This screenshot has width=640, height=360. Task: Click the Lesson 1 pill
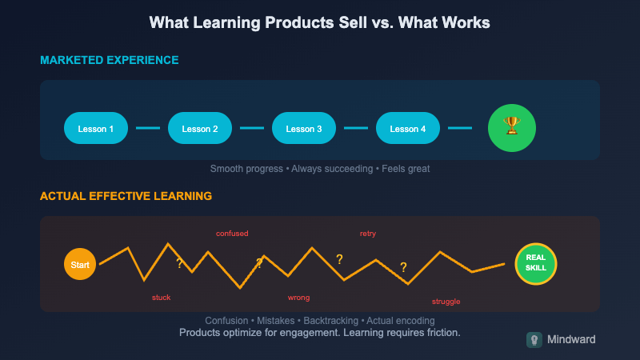pyautogui.click(x=96, y=128)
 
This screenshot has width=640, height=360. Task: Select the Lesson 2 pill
pyautogui.click(x=200, y=128)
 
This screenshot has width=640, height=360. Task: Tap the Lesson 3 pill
pyautogui.click(x=304, y=128)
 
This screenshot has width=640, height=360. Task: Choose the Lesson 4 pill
pyautogui.click(x=408, y=128)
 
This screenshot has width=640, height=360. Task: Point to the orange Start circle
pyautogui.click(x=80, y=264)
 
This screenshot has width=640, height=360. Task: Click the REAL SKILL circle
pyautogui.click(x=536, y=263)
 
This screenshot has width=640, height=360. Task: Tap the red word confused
pyautogui.click(x=232, y=234)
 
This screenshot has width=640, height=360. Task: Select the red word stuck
pyautogui.click(x=161, y=298)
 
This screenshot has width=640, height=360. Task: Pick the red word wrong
pyautogui.click(x=298, y=298)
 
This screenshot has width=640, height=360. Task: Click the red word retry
pyautogui.click(x=368, y=234)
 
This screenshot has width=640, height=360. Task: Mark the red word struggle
pyautogui.click(x=446, y=302)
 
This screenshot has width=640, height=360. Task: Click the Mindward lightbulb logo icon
pyautogui.click(x=534, y=340)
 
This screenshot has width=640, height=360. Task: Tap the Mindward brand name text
pyautogui.click(x=571, y=340)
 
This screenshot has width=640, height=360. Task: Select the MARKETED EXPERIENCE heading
pyautogui.click(x=110, y=60)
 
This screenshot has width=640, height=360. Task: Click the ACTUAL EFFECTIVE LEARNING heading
pyautogui.click(x=126, y=195)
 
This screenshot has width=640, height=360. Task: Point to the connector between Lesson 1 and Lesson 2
pyautogui.click(x=148, y=128)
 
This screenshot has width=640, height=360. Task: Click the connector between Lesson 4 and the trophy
pyautogui.click(x=460, y=128)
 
